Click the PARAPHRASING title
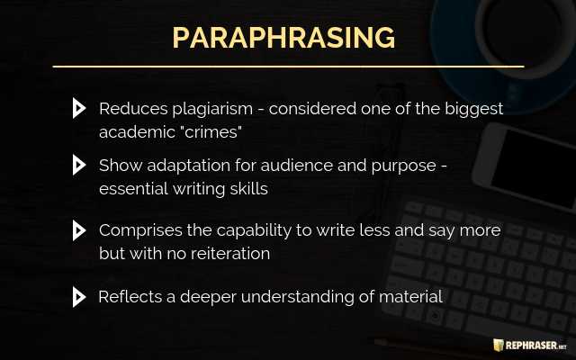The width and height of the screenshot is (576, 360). [283, 38]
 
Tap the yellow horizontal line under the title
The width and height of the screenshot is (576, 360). [288, 67]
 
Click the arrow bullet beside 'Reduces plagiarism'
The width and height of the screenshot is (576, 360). [79, 108]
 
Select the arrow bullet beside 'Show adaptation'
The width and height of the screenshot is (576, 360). [79, 165]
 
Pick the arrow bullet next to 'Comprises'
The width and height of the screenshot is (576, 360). [79, 230]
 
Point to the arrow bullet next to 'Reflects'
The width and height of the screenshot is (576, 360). [79, 297]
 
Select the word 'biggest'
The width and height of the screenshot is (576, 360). [474, 110]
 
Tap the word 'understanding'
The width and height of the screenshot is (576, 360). [298, 298]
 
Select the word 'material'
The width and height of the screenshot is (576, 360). [410, 297]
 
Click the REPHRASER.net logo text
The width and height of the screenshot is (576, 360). [536, 346]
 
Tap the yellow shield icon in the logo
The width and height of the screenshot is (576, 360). [499, 345]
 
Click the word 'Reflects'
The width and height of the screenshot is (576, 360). [130, 297]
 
